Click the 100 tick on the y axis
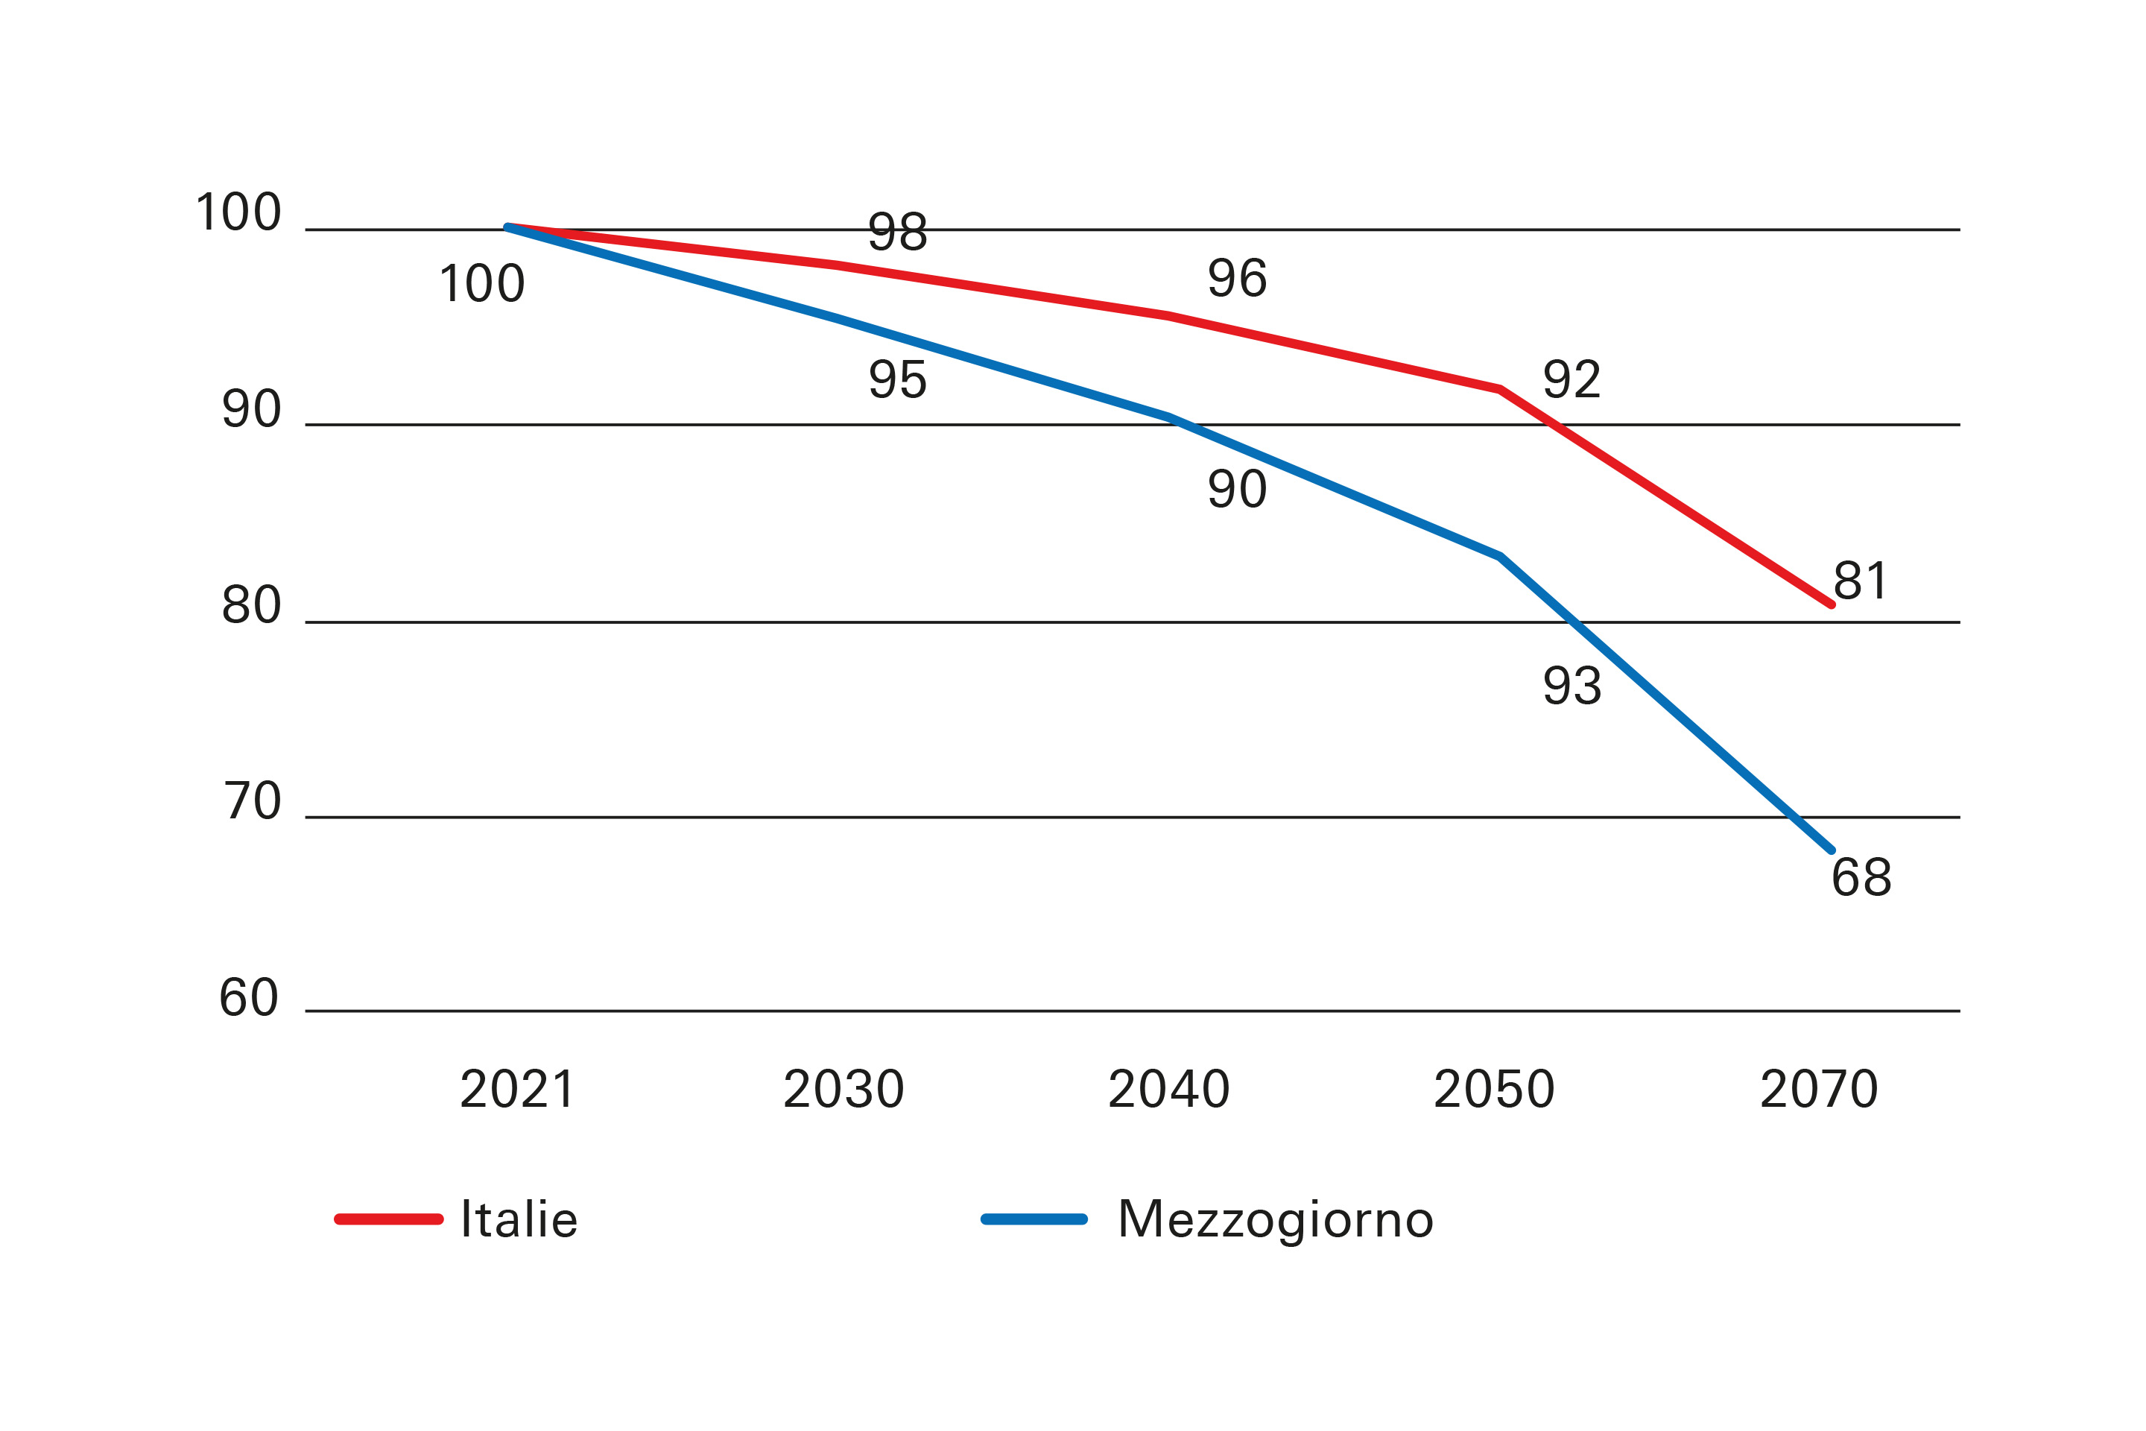(x=239, y=212)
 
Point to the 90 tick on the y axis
(x=252, y=409)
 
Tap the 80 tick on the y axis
(x=252, y=605)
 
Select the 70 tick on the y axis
(x=253, y=801)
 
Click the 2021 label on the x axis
(x=517, y=1090)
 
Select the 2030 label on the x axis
(x=844, y=1090)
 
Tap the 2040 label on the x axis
(x=1169, y=1090)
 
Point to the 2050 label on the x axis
(x=1495, y=1090)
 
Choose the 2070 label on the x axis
(x=1820, y=1090)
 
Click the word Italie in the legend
(x=519, y=1219)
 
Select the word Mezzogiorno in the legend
(x=1276, y=1219)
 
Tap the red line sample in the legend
(x=389, y=1219)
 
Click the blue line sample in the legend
(x=1034, y=1219)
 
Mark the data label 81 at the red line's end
(x=1861, y=581)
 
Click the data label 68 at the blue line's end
(x=1861, y=878)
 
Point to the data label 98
(x=898, y=232)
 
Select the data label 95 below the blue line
(x=898, y=379)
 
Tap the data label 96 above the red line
(x=1237, y=278)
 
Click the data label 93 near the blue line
(x=1572, y=686)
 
